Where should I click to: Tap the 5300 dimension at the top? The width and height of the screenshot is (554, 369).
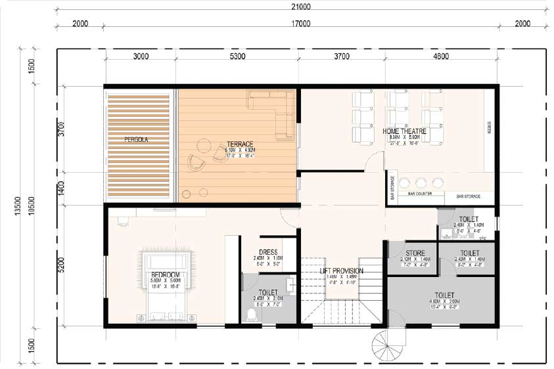pos(237,56)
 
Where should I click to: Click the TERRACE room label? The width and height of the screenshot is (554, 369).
pos(240,144)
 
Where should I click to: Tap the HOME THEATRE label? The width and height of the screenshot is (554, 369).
pos(405,131)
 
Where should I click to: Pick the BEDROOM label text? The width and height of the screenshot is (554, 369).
pos(166,274)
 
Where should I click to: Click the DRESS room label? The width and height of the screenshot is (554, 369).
pos(268,252)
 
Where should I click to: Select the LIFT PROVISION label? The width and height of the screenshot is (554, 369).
pos(341,271)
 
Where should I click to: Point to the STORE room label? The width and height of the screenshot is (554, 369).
pos(415,253)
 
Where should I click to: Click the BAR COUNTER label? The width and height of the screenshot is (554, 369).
pos(419,194)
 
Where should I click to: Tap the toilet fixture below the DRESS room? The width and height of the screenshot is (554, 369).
pos(250,316)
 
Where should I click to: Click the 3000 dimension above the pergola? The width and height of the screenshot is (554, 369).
pos(141,56)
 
